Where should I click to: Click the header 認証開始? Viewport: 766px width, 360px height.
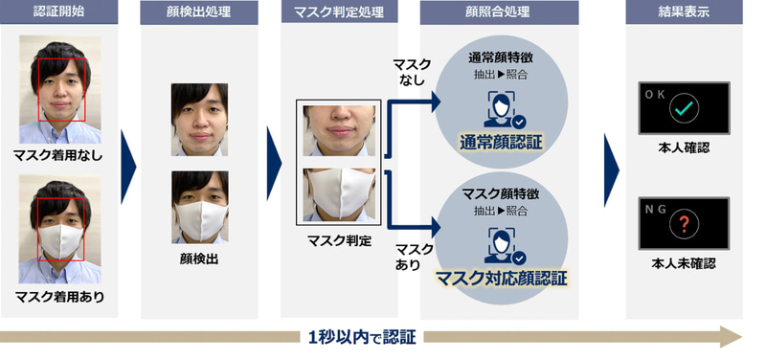59,14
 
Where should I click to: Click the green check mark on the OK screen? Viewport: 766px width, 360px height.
683,112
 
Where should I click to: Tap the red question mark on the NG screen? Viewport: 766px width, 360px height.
683,223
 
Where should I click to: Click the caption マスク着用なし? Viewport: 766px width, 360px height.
58,155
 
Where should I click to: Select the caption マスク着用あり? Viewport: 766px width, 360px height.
58,297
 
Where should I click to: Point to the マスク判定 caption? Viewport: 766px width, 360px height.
341,241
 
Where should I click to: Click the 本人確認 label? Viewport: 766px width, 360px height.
683,148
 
